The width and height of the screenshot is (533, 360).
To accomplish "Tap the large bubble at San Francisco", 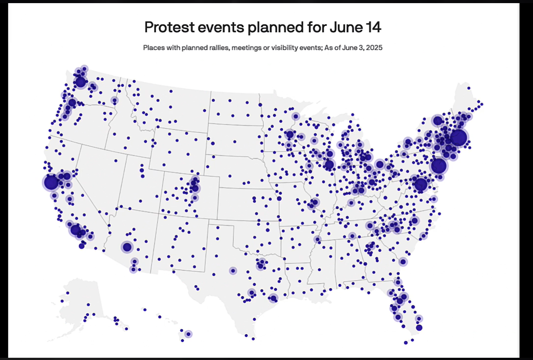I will click(51, 182).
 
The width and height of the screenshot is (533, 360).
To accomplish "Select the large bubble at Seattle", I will click(80, 82).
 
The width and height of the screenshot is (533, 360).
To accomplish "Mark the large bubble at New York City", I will click(439, 166).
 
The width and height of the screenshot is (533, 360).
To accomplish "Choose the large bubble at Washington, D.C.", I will click(420, 184).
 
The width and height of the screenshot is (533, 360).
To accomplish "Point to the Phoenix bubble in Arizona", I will click(127, 247).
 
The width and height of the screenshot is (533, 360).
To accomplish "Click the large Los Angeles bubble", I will click(76, 230).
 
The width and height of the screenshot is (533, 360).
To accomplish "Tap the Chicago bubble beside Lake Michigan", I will click(330, 165).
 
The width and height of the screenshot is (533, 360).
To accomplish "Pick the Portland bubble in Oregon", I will click(72, 103).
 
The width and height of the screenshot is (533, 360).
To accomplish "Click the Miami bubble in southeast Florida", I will click(419, 327).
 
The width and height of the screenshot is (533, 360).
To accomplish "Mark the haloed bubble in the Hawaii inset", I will click(188, 334).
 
